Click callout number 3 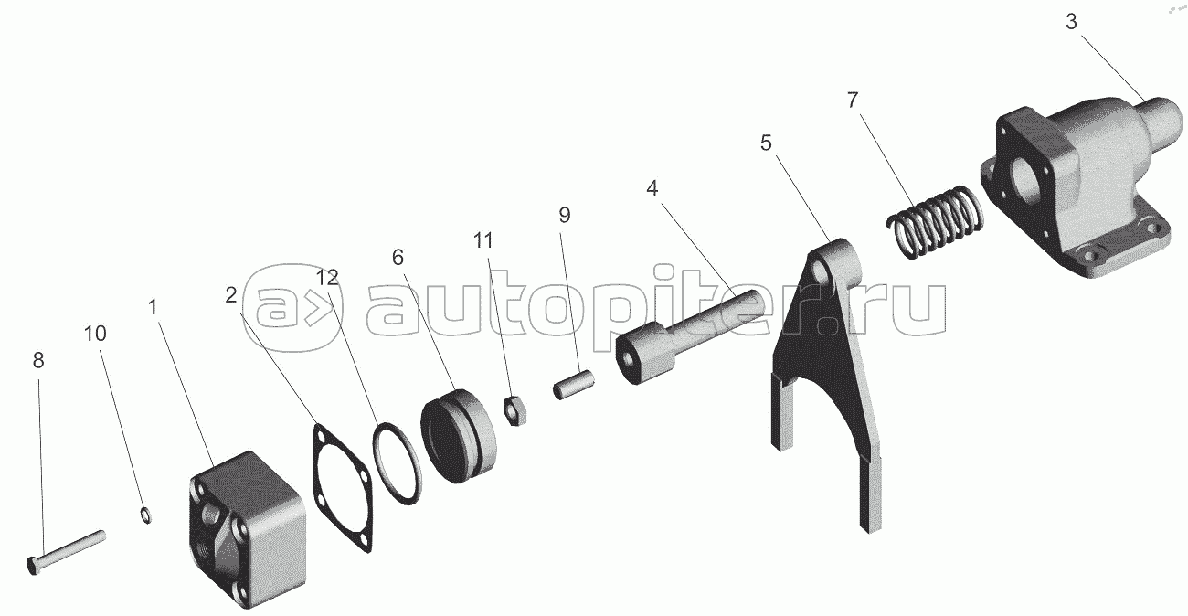pos(1071,22)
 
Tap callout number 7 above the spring pos(853,101)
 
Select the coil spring pos(935,222)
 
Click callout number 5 pos(766,143)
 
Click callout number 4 pos(652,188)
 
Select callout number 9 pos(565,215)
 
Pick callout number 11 pos(483,240)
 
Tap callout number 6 pos(398,258)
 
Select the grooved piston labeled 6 pos(459,436)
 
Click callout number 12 pos(327,277)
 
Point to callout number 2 pos(230,295)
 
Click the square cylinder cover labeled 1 pos(247,531)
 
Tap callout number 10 pos(95,334)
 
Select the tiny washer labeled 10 pos(146,515)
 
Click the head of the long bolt pos(32,566)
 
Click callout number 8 pos(38,360)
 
